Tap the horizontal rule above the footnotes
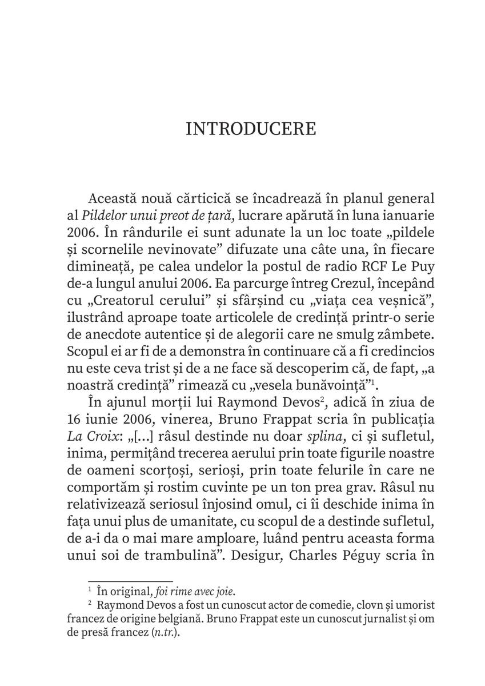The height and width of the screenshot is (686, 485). point(130,580)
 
